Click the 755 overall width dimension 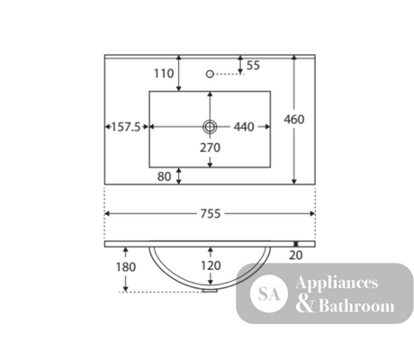click(x=211, y=214)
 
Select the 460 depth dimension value click(x=294, y=120)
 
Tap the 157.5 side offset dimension click(x=126, y=127)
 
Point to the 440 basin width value click(x=244, y=127)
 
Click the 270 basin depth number click(x=210, y=148)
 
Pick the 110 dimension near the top click(x=164, y=74)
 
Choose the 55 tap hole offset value click(x=253, y=66)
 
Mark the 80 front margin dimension click(x=164, y=176)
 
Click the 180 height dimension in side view click(x=126, y=267)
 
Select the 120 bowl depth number click(x=211, y=265)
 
